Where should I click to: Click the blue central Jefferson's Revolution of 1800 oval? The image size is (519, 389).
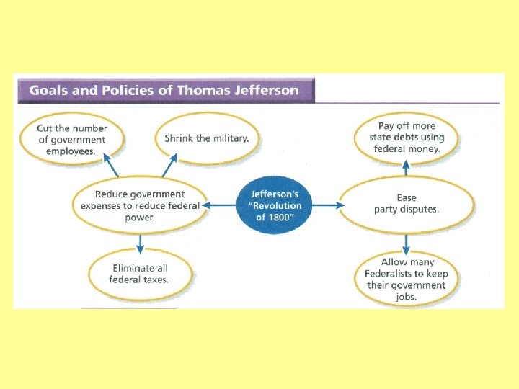[x=276, y=205]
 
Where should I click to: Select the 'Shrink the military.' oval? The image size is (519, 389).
[x=206, y=138]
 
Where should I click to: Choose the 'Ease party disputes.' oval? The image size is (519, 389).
[x=406, y=204]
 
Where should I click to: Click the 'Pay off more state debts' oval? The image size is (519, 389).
[x=407, y=137]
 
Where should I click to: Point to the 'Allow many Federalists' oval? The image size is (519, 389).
[x=406, y=280]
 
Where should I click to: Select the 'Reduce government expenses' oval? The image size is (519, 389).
[x=140, y=205]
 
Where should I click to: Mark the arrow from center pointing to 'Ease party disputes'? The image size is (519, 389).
[x=326, y=205]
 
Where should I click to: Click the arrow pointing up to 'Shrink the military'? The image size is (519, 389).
[x=169, y=168]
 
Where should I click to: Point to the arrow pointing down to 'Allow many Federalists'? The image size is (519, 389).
[x=406, y=243]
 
